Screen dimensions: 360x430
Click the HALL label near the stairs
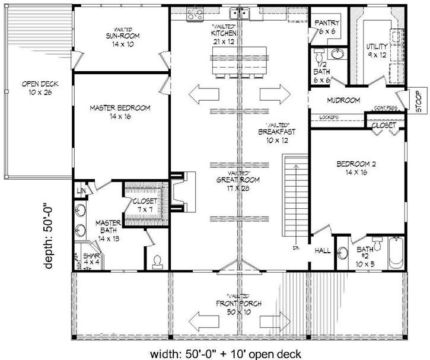[322, 250]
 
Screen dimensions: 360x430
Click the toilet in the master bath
[157, 260]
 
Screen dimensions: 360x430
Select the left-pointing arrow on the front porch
[202, 322]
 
